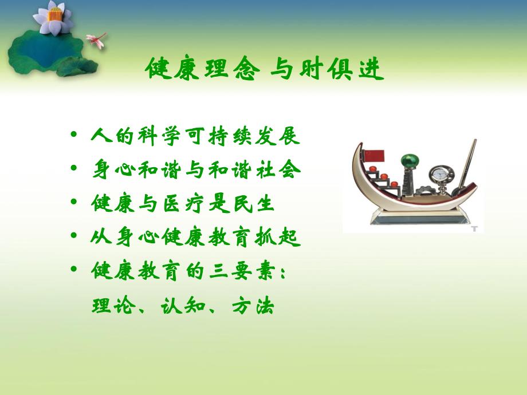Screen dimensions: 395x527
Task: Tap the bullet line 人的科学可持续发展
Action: click(x=195, y=137)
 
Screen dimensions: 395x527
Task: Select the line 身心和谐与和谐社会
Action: click(x=195, y=170)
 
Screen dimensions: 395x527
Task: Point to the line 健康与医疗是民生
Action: click(x=184, y=203)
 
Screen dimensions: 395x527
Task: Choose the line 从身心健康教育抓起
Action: click(x=195, y=236)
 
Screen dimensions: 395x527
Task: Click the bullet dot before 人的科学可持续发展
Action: click(x=73, y=137)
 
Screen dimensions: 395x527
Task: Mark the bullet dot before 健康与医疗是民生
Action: click(x=73, y=203)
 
